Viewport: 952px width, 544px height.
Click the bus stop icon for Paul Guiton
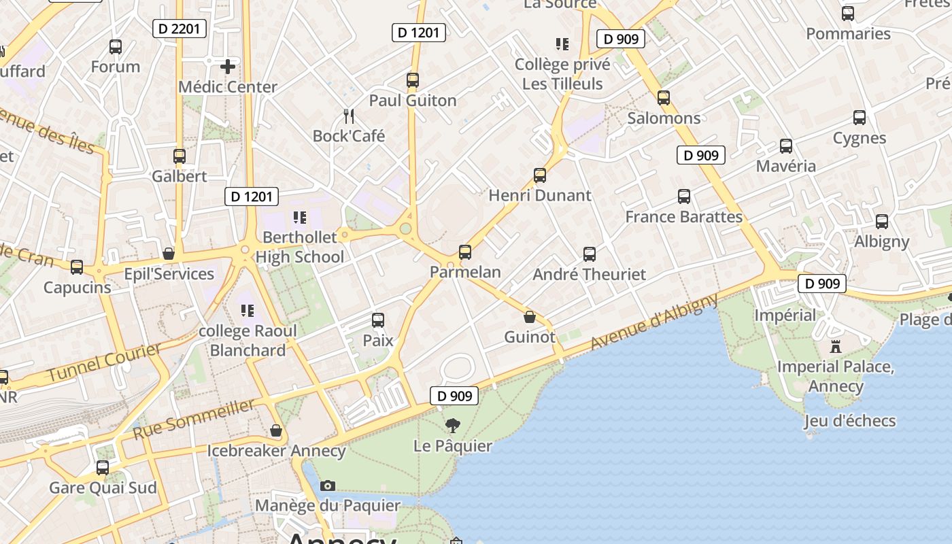(412, 80)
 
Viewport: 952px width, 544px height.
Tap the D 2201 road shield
(179, 29)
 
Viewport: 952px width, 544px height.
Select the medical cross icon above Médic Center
(228, 67)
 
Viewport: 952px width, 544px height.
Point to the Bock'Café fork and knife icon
(349, 116)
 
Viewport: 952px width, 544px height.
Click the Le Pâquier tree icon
(452, 426)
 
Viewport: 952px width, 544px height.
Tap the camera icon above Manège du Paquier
(328, 486)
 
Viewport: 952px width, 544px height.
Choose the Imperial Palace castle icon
(836, 346)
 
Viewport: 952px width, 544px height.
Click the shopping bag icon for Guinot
(530, 317)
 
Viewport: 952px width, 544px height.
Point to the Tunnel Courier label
(105, 362)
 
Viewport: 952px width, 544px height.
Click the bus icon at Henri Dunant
(540, 175)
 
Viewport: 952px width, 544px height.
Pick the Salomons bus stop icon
(664, 98)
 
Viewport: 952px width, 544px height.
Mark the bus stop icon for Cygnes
(860, 118)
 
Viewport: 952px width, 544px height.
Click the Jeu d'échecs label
(849, 421)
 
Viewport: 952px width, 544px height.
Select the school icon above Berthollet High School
(299, 218)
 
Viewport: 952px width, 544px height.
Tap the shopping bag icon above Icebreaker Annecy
(276, 430)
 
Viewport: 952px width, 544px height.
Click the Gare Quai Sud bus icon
(103, 468)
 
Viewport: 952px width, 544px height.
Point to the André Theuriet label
(589, 275)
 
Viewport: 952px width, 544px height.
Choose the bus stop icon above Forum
(116, 47)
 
